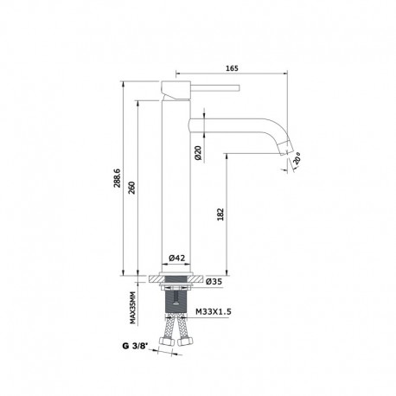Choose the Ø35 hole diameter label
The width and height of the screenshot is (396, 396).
pos(218,282)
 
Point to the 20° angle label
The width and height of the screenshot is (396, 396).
pos(298,157)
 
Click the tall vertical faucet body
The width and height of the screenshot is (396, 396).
pos(177,190)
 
